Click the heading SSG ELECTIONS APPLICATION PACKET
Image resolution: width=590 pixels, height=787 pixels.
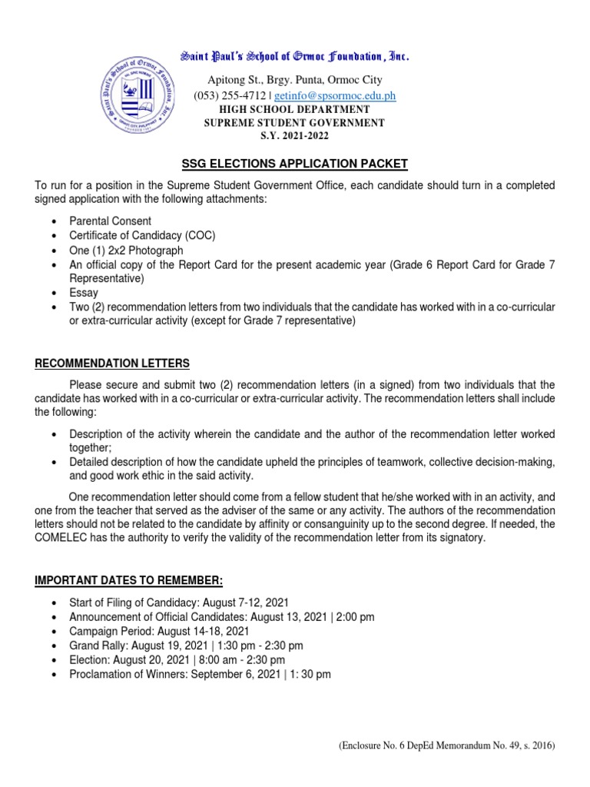click(x=294, y=164)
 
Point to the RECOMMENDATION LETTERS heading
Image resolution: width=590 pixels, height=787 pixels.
click(x=112, y=363)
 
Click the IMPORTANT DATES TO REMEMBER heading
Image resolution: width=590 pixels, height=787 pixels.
click(x=129, y=579)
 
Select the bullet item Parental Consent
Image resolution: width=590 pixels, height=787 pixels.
click(x=110, y=221)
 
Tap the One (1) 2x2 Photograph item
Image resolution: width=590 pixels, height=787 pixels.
click(x=126, y=251)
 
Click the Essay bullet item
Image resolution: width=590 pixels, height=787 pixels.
click(x=84, y=293)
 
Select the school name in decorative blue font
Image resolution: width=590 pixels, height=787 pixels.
click(x=294, y=57)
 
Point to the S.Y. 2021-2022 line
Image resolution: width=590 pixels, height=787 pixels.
click(x=294, y=135)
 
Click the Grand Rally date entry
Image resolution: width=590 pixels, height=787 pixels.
click(x=186, y=646)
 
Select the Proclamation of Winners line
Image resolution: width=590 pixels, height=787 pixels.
click(x=200, y=674)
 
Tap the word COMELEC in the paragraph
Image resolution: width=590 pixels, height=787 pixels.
click(x=65, y=538)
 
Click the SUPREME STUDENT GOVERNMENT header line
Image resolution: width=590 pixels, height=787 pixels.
click(x=294, y=123)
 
